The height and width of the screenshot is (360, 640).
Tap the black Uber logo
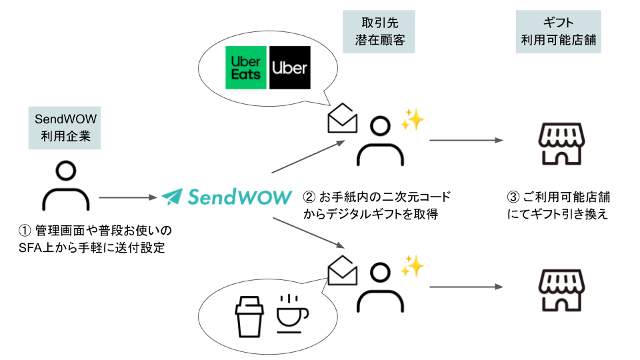coord(290,67)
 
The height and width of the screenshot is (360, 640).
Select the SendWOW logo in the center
coord(227,197)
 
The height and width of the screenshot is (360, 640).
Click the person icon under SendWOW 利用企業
coord(65,186)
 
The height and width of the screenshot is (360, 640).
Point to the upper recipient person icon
coord(380,142)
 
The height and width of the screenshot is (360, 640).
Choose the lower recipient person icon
coord(380,286)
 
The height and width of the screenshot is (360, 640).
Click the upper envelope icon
coord(343,119)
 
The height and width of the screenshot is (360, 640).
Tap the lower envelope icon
coord(343,270)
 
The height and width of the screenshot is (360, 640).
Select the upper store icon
coord(559,143)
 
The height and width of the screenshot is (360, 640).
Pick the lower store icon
coord(559,289)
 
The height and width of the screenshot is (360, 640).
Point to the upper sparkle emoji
coord(412,120)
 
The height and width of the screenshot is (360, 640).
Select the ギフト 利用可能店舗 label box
coord(559,32)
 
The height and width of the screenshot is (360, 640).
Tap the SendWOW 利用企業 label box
coord(65,129)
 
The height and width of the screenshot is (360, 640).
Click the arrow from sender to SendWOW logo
coord(128,197)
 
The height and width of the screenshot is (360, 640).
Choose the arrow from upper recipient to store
coord(465,141)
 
